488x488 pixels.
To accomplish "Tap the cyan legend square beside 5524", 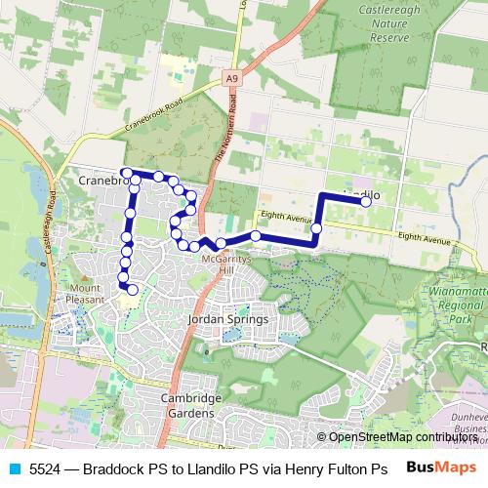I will coord(13,468).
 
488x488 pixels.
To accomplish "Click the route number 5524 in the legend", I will coord(47,468).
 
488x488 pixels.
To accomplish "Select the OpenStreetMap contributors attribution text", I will coord(402,437).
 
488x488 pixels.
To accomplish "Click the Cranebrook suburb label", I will coord(98,180).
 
